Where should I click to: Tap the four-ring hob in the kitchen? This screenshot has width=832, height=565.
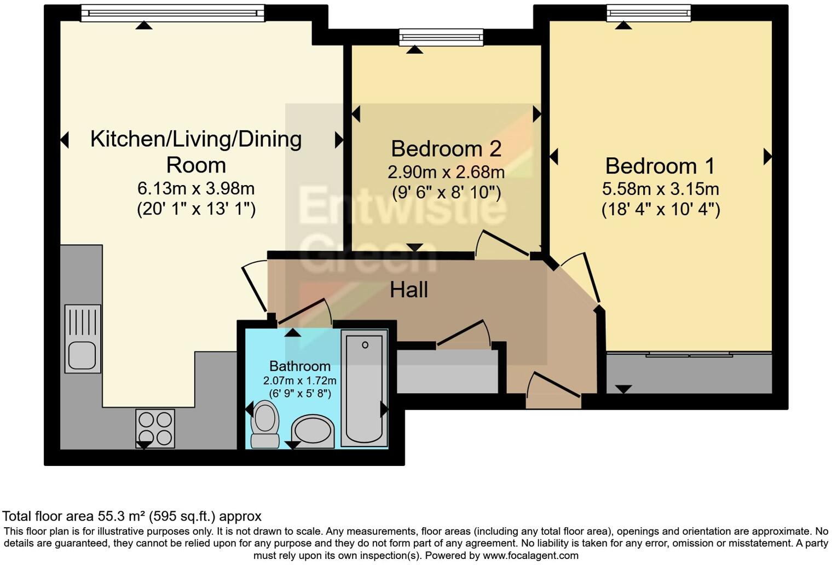point(155,428)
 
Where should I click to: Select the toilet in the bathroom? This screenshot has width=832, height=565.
point(265,424)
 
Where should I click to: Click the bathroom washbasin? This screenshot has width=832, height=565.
point(313,431)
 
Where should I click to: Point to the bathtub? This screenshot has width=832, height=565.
point(364,388)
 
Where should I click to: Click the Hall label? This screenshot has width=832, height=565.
point(408,290)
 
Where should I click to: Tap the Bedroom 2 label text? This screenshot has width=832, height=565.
point(446,148)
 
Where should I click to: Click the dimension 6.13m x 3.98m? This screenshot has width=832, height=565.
point(196,189)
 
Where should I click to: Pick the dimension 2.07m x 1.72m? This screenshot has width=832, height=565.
point(300,380)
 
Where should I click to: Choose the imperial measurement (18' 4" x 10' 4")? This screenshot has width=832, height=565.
point(661,210)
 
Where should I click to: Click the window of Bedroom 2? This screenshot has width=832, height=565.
point(441,37)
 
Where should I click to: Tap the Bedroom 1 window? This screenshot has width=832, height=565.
point(649,13)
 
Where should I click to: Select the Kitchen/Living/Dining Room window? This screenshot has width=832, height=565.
point(173,13)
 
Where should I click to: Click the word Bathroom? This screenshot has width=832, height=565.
point(300,366)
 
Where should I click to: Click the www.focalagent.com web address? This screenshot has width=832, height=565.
point(530,556)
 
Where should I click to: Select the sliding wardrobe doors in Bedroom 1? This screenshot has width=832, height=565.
point(689,355)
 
